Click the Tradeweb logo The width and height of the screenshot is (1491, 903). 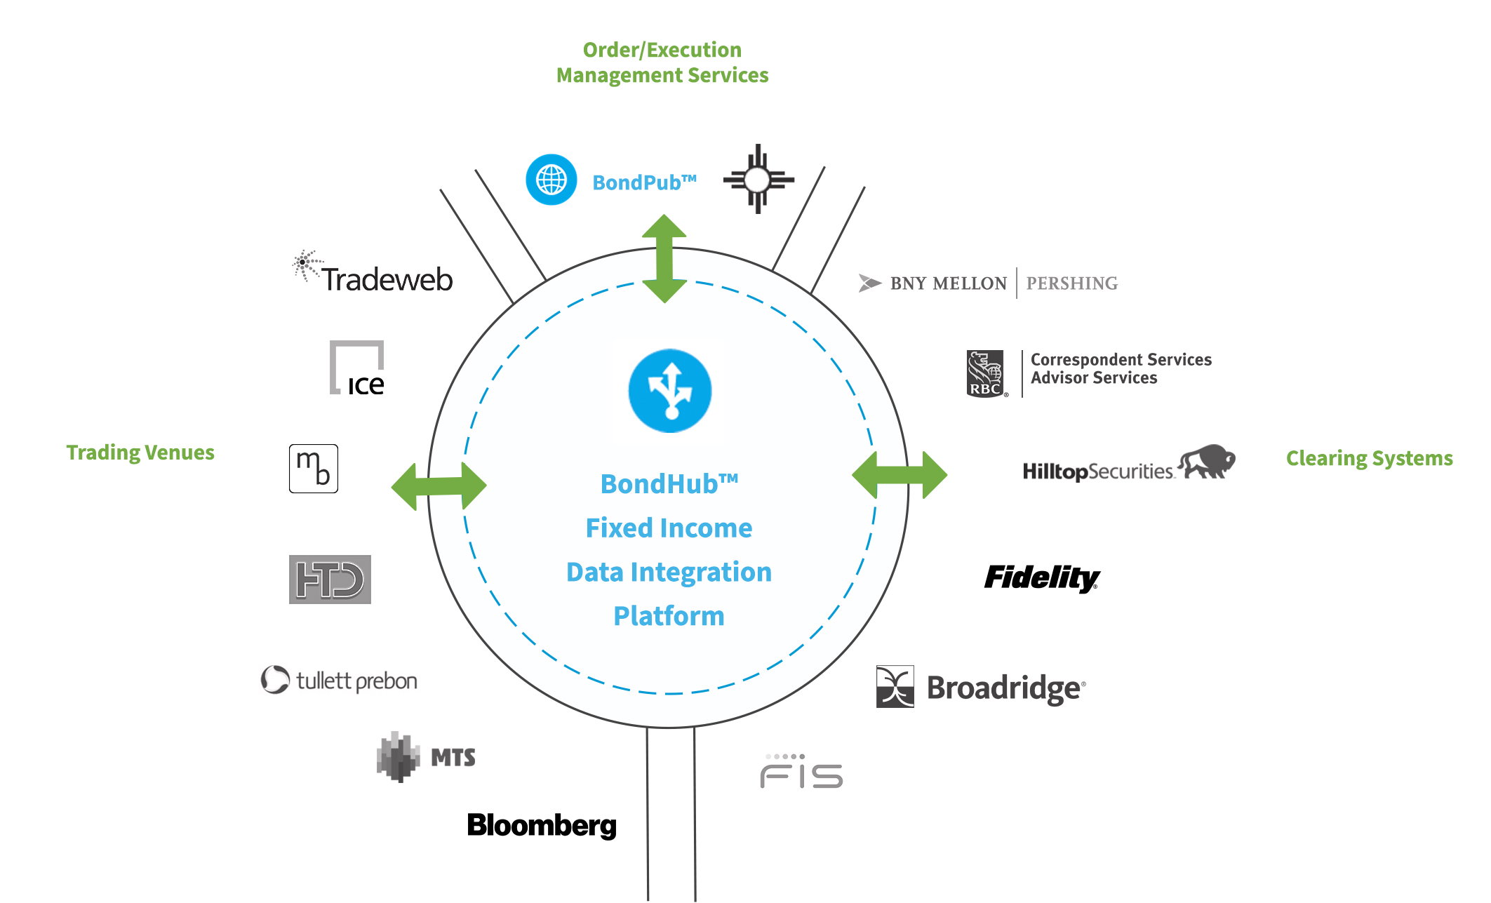(373, 272)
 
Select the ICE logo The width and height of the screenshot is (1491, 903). (357, 368)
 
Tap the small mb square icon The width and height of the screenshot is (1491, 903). (314, 469)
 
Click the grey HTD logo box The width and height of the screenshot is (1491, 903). (330, 580)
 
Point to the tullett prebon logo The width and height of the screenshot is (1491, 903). (339, 680)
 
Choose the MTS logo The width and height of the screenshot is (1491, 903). (426, 757)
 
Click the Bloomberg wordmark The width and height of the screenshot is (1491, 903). (542, 826)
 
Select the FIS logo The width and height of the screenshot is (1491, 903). (801, 771)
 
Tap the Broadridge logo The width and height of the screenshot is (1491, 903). (981, 687)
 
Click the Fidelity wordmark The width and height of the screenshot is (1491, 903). (1042, 578)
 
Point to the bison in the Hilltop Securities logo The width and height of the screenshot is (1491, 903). (1207, 461)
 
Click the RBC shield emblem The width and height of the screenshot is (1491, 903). (986, 374)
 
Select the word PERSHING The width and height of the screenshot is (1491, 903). (1072, 283)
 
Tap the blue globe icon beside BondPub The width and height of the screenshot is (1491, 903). (551, 180)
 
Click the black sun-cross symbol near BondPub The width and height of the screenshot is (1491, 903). (758, 179)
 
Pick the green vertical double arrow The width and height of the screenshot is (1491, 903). (664, 258)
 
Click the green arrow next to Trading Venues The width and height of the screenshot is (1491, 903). (439, 486)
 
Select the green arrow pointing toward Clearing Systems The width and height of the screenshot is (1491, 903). (900, 475)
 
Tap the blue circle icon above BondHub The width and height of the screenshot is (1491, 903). (670, 391)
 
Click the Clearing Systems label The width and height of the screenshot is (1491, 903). (1369, 458)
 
